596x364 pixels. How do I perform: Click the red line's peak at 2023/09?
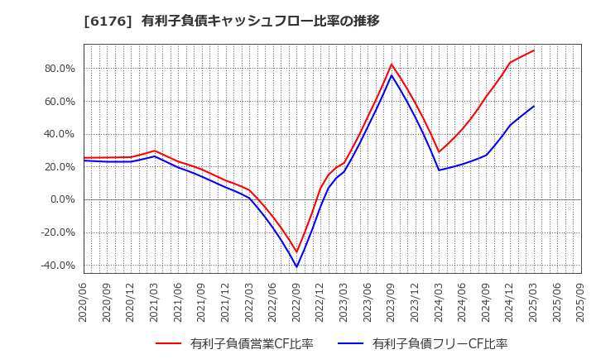point(392,65)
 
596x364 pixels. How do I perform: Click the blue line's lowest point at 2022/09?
point(297,266)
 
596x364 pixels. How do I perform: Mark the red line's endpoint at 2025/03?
point(534,50)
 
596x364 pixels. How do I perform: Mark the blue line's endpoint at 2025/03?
point(534,106)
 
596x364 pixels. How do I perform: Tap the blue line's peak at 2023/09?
point(392,75)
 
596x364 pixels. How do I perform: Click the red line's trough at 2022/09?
point(297,252)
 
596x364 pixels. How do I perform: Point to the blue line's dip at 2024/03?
point(439,170)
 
